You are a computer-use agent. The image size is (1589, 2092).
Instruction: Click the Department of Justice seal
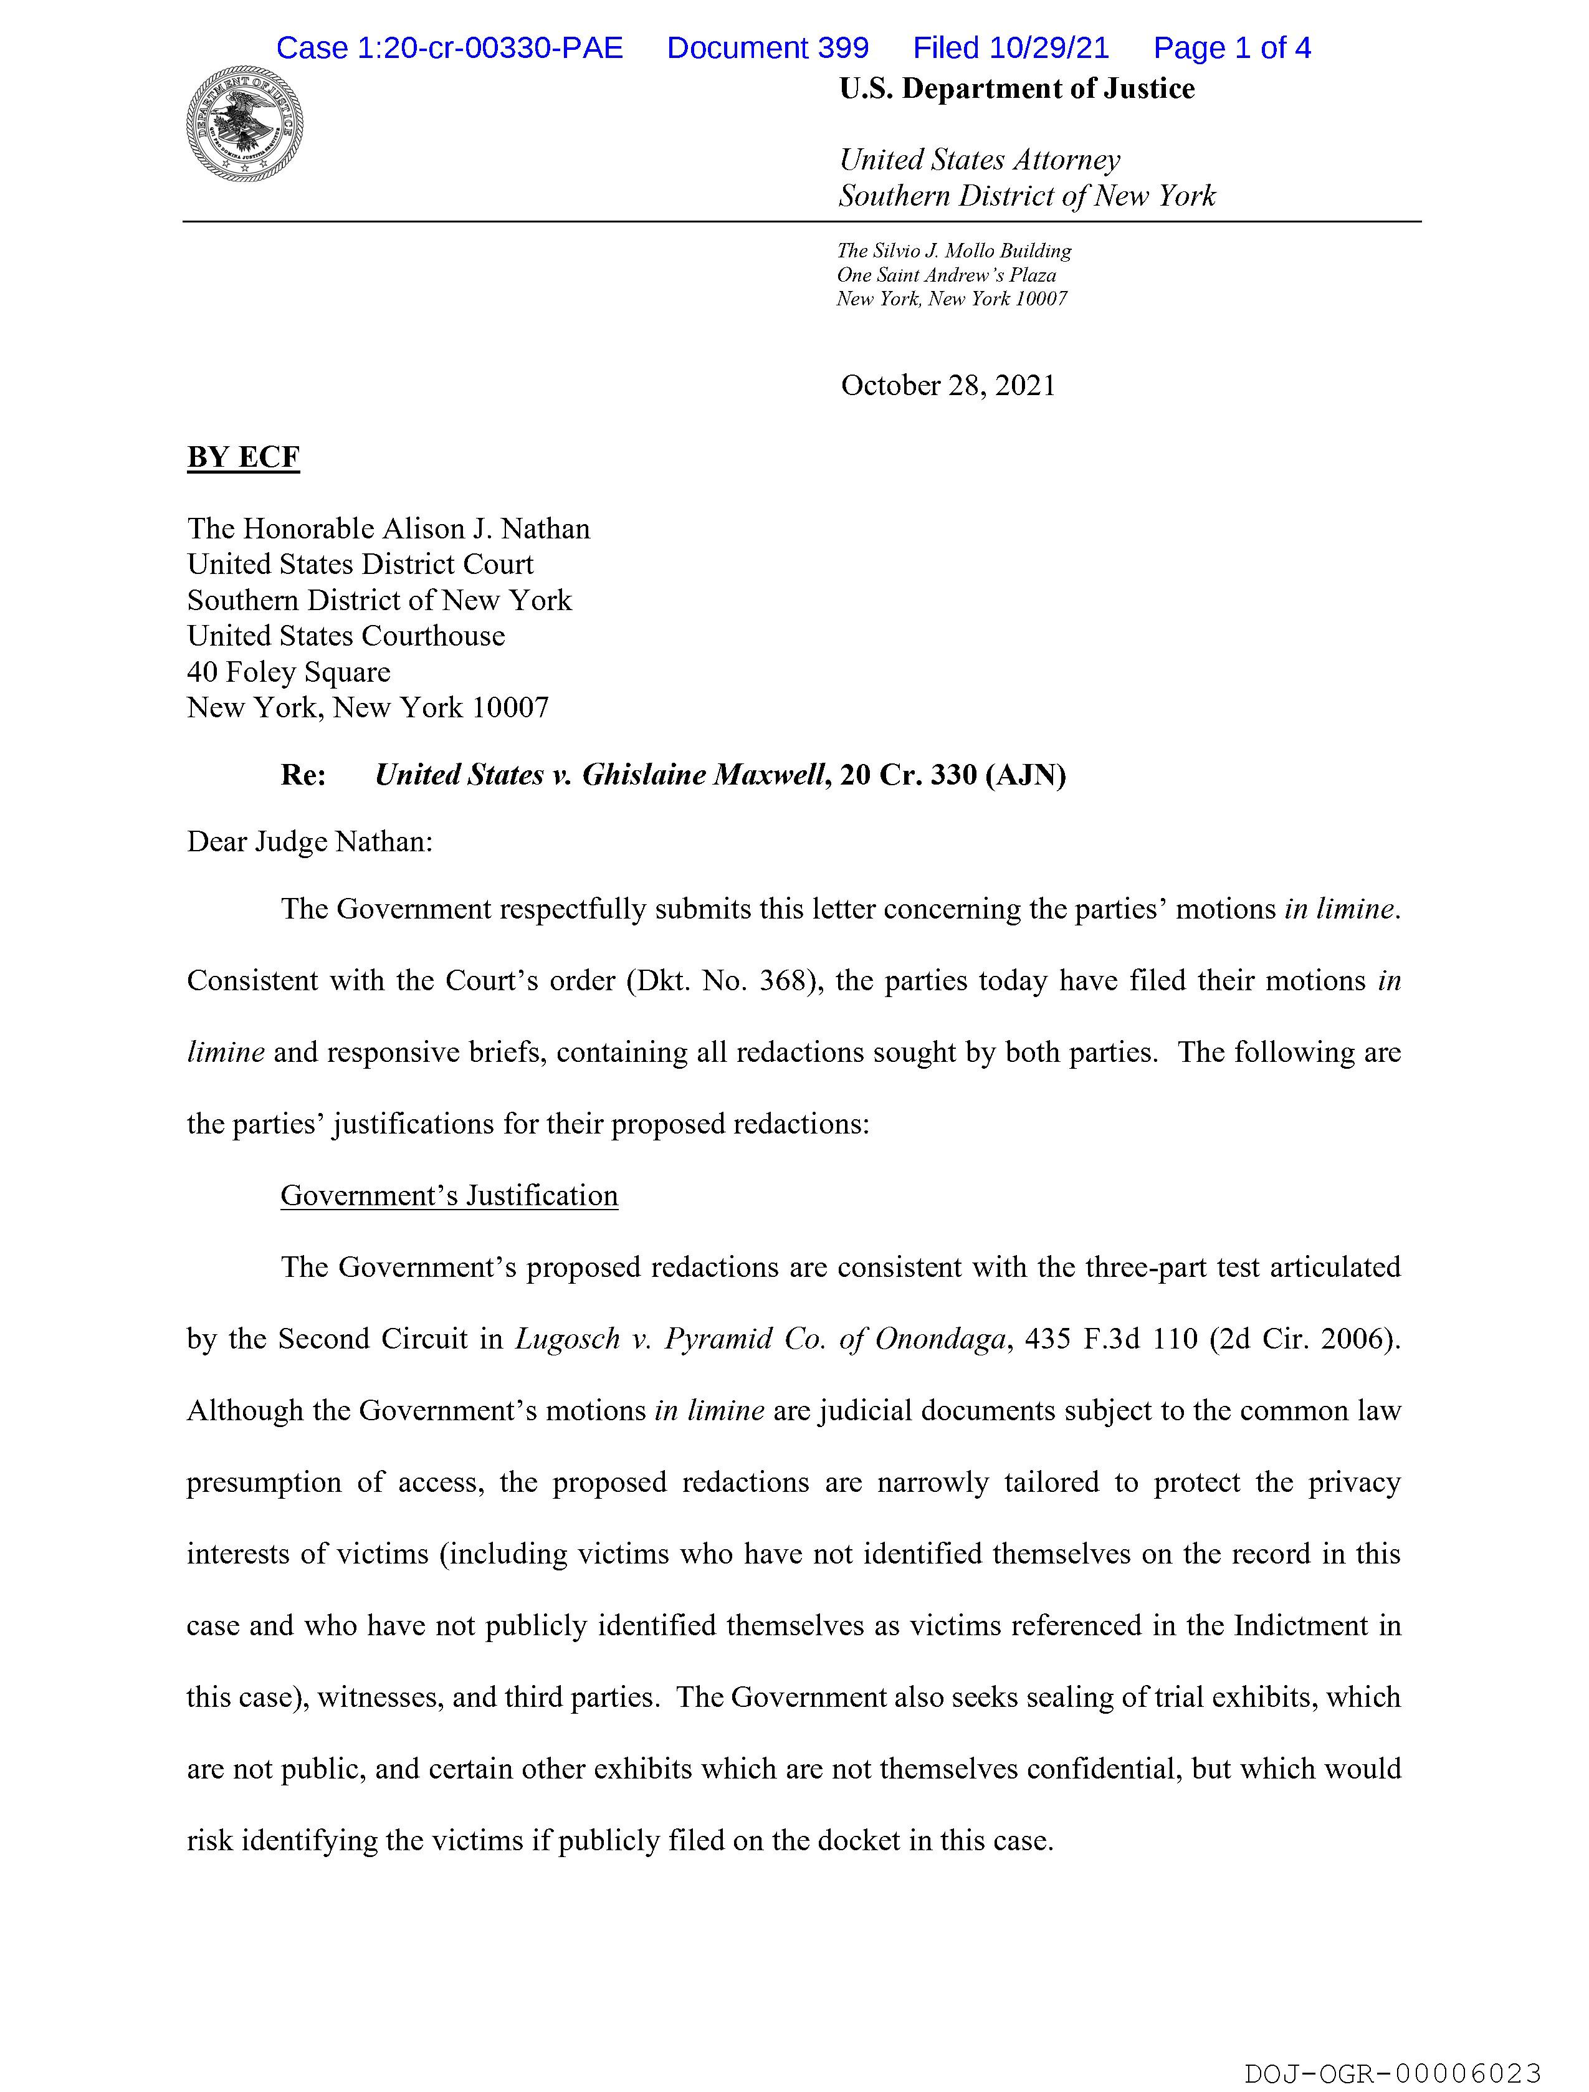(245, 124)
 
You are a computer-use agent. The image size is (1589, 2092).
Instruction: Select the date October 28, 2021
(948, 386)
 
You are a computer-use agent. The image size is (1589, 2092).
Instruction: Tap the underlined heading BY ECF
(243, 458)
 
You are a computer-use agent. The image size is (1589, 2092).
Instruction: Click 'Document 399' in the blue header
(767, 48)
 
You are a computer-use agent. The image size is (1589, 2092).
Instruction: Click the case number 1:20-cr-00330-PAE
(449, 48)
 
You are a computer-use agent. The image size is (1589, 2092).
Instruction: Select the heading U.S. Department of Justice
(1017, 89)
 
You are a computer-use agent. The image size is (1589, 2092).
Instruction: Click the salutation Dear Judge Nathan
(309, 842)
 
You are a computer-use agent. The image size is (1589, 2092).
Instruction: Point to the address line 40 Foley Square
(289, 672)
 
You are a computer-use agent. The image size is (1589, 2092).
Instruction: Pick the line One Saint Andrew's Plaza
(946, 275)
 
